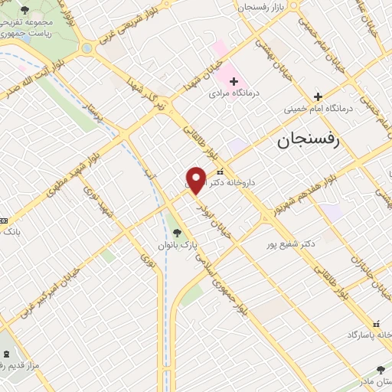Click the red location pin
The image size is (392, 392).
pos(196,180)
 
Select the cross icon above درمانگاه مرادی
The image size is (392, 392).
pos(233,80)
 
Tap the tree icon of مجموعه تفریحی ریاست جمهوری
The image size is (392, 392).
pos(25,11)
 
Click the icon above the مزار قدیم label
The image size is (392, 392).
pos(8,354)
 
